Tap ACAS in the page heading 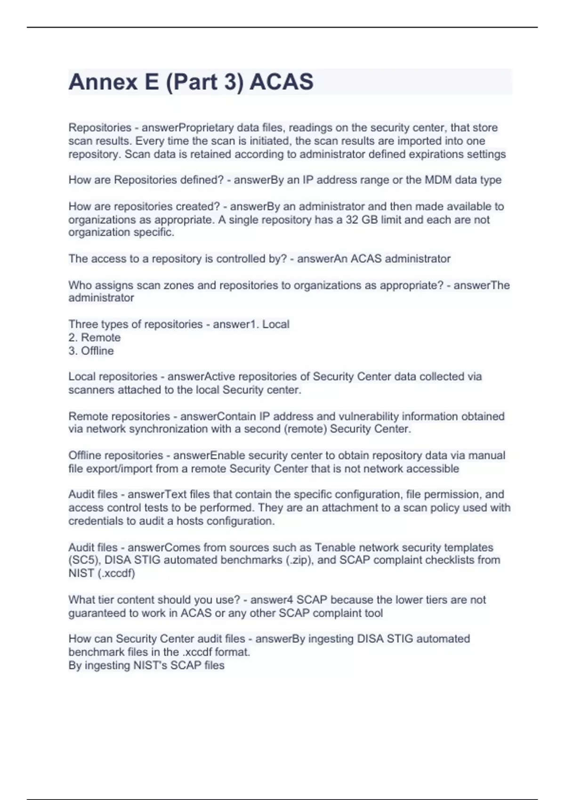(281, 82)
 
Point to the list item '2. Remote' (95, 337)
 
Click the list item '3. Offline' (91, 351)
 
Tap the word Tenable (336, 547)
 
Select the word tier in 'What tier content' (106, 600)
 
